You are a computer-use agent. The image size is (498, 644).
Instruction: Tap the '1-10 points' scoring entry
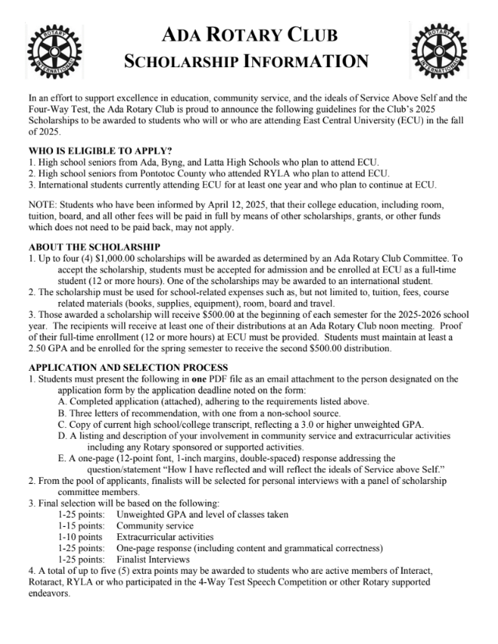tap(80, 538)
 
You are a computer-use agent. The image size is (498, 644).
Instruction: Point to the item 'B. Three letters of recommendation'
tap(141, 412)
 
